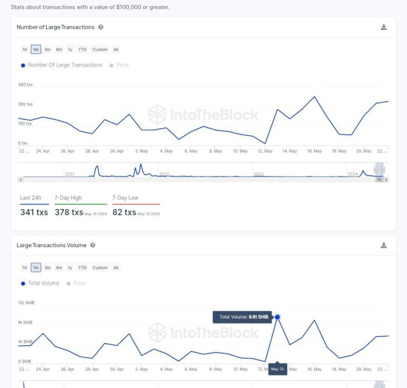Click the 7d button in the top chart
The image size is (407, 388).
pyautogui.click(x=24, y=49)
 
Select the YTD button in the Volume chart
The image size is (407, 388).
pyautogui.click(x=82, y=267)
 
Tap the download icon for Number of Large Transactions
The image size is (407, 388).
pyautogui.click(x=384, y=27)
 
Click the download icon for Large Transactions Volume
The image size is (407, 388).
pyautogui.click(x=384, y=246)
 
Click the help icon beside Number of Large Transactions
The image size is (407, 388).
pyautogui.click(x=101, y=27)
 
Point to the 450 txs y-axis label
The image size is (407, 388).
pyautogui.click(x=26, y=85)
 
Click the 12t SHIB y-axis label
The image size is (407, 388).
pyautogui.click(x=26, y=303)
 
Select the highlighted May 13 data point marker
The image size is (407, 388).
pyautogui.click(x=277, y=317)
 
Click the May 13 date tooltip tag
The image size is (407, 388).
pyautogui.click(x=277, y=369)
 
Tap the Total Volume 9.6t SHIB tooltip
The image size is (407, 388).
pyautogui.click(x=243, y=317)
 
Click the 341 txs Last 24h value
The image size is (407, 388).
pyautogui.click(x=34, y=212)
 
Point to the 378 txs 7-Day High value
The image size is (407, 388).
pyautogui.click(x=69, y=212)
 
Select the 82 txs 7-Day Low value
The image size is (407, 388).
pyautogui.click(x=124, y=212)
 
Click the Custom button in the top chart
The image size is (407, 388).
pyautogui.click(x=100, y=49)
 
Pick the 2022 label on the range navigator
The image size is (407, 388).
pyautogui.click(x=164, y=174)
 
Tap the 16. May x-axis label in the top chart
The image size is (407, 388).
pyautogui.click(x=314, y=151)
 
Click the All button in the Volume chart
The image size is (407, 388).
pyautogui.click(x=116, y=267)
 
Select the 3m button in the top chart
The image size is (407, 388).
pyautogui.click(x=48, y=49)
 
